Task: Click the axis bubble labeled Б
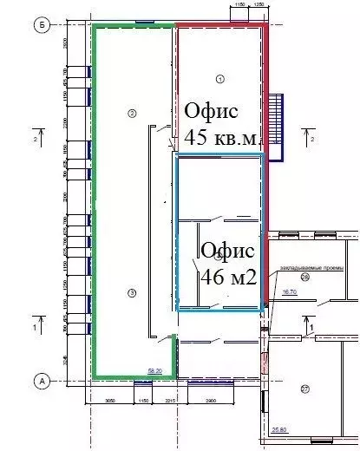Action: (x=40, y=24)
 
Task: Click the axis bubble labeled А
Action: (x=40, y=380)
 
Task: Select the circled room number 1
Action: (x=219, y=79)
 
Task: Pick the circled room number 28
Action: (x=305, y=277)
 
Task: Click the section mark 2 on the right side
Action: (x=311, y=136)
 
